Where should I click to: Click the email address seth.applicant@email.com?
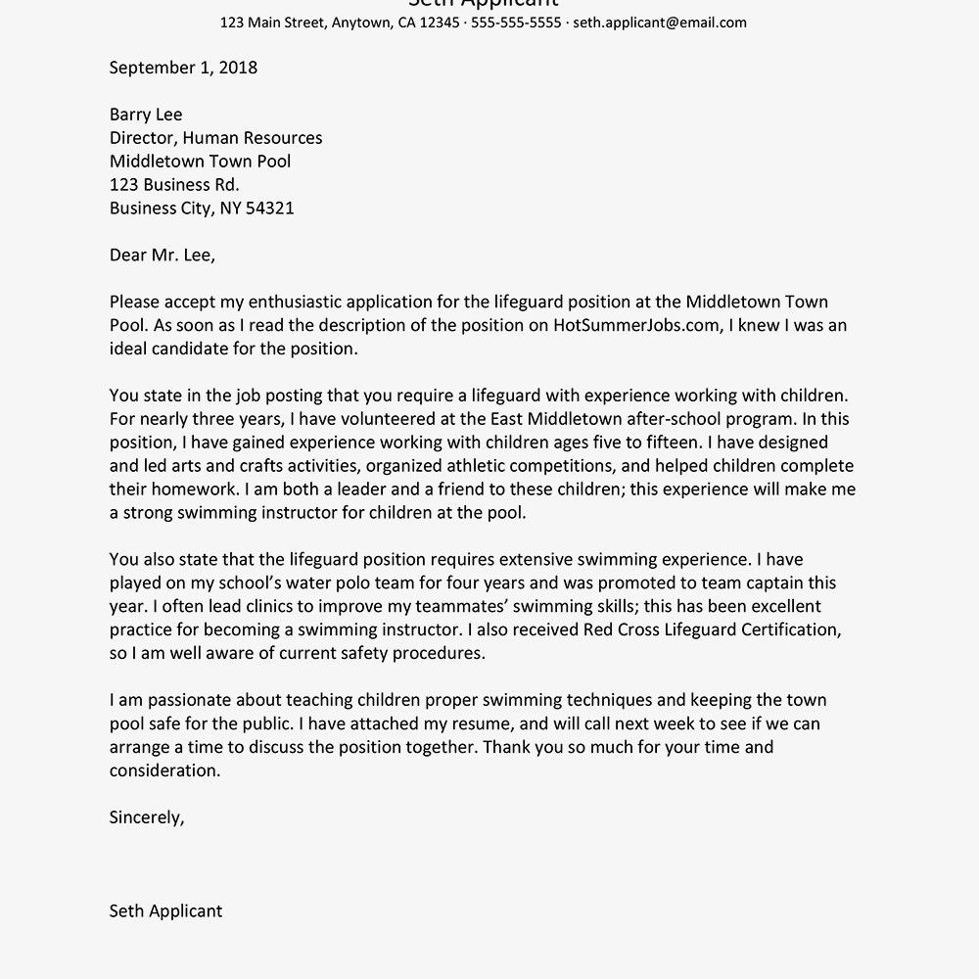pos(660,23)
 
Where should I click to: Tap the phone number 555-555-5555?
pos(516,23)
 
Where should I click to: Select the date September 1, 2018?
pos(183,68)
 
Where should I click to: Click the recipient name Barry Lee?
pos(146,115)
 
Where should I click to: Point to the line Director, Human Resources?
pos(215,138)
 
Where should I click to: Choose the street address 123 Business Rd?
pos(174,184)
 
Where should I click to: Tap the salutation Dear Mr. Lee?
pos(162,256)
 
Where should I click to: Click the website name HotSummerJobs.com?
pos(635,326)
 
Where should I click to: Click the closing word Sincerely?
pos(146,817)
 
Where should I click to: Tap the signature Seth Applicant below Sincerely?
pos(165,910)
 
